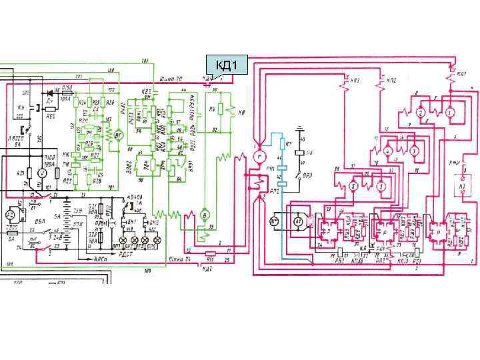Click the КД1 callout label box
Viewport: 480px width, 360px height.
click(227, 65)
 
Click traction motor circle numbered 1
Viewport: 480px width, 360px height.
click(449, 113)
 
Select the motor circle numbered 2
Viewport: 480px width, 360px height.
click(421, 113)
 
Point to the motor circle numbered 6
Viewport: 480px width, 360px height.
click(354, 187)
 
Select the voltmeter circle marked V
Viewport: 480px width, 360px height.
click(41, 173)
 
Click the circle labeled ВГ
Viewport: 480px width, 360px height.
click(119, 135)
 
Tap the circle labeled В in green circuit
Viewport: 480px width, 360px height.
click(206, 217)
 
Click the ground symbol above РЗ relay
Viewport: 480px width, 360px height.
click(303, 129)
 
